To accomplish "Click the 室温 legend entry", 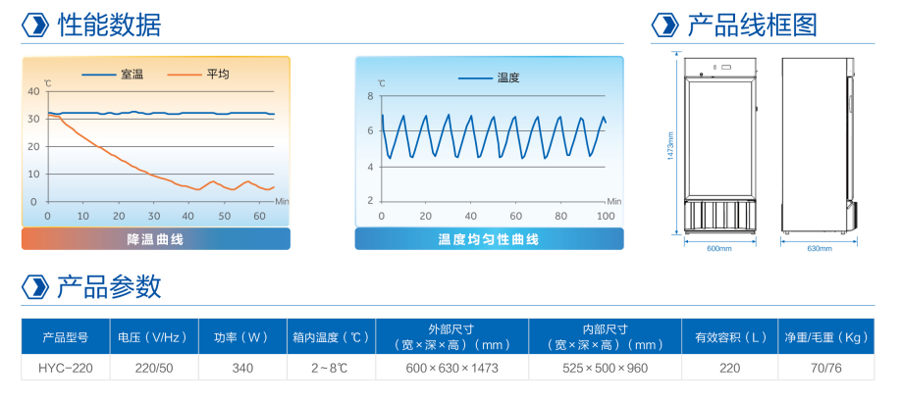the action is pyautogui.click(x=112, y=75).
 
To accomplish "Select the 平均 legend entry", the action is pyautogui.click(x=198, y=75).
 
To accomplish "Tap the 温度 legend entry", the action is pyautogui.click(x=489, y=78).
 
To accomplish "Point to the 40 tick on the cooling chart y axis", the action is pyautogui.click(x=33, y=92).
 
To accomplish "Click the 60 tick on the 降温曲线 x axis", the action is pyautogui.click(x=260, y=217).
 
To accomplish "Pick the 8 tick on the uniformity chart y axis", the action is pyautogui.click(x=370, y=96).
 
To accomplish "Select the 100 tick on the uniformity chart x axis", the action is pyautogui.click(x=607, y=217).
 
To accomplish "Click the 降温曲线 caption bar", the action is pyautogui.click(x=156, y=239).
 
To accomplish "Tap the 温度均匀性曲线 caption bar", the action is pyautogui.click(x=489, y=239).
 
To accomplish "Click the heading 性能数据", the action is pyautogui.click(x=109, y=25).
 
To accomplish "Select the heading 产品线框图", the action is pyautogui.click(x=752, y=25).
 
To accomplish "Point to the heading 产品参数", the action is pyautogui.click(x=109, y=286).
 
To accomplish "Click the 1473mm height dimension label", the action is pyautogui.click(x=670, y=146).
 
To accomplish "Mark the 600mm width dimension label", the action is pyautogui.click(x=719, y=249).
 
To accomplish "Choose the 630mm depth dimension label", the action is pyautogui.click(x=820, y=249).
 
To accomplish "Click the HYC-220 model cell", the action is pyautogui.click(x=66, y=368).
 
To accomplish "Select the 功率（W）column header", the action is pyautogui.click(x=242, y=337).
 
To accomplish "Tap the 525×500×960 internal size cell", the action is pyautogui.click(x=605, y=368).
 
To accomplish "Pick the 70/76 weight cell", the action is pyautogui.click(x=825, y=368).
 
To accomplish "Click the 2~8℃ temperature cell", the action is pyautogui.click(x=330, y=368).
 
